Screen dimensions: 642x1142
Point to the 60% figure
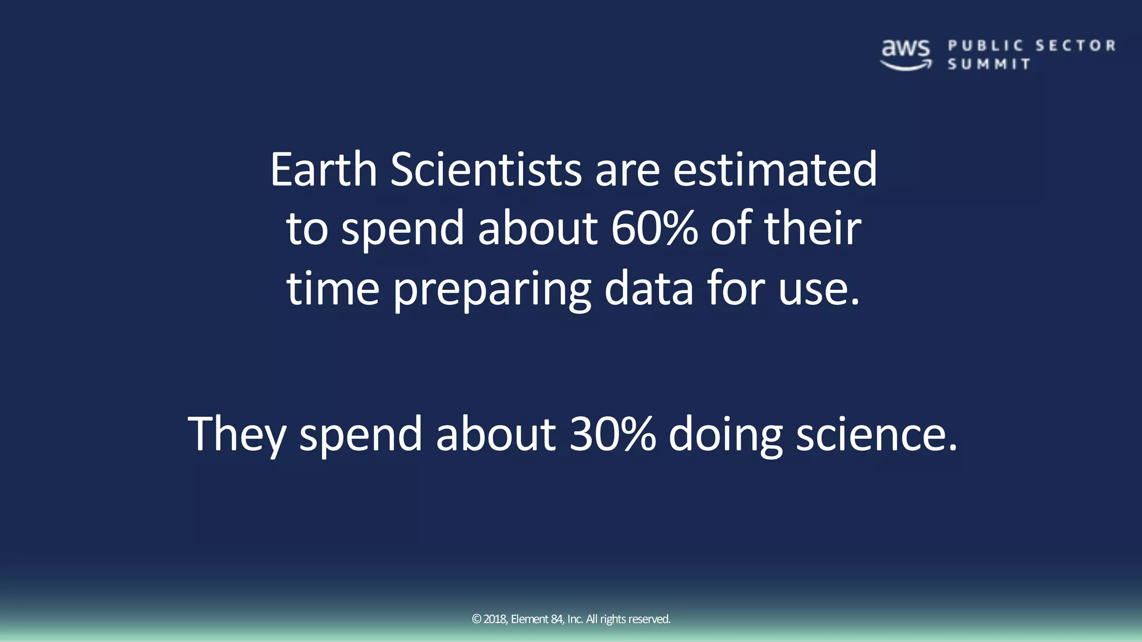(x=654, y=228)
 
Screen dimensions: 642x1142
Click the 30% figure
(x=612, y=435)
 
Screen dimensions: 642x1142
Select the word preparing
(x=492, y=290)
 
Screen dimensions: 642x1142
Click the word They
(x=237, y=435)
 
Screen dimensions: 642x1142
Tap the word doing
(x=725, y=435)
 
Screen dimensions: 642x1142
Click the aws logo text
(x=906, y=48)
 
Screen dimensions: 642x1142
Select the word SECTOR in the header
(x=1076, y=46)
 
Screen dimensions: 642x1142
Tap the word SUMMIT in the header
(x=989, y=64)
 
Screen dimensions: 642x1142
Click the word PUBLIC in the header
(x=986, y=46)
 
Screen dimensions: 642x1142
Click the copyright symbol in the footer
(x=476, y=619)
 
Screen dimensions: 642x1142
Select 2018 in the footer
(x=495, y=619)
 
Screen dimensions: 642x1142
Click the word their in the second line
(x=812, y=228)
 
